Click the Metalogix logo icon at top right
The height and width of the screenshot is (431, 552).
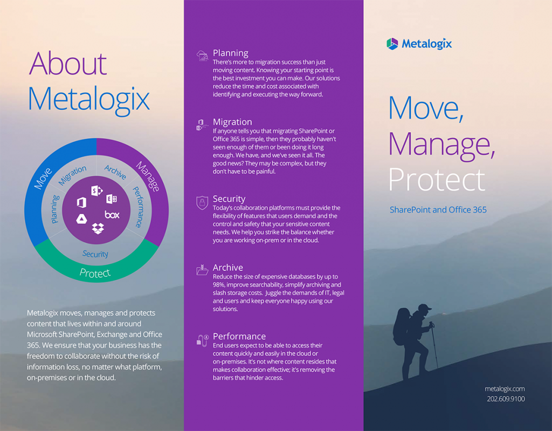(392, 44)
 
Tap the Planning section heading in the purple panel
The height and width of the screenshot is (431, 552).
(230, 53)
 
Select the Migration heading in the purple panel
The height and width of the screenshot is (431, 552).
(232, 122)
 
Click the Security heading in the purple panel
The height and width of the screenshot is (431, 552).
(229, 199)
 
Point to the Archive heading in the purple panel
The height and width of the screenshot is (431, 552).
(227, 268)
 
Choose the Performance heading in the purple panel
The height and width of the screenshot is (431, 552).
(239, 336)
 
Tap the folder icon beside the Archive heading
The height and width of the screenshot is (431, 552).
(202, 270)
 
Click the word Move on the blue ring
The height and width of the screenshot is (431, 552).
(43, 178)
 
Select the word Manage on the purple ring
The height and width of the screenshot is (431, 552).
(147, 176)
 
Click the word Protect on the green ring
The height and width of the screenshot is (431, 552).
(95, 272)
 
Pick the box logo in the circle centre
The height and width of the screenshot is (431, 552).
(112, 215)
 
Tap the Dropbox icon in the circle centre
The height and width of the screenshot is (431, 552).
(98, 229)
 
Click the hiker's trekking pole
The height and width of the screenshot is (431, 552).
(434, 345)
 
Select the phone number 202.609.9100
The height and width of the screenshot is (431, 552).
(505, 399)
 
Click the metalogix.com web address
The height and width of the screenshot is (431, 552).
(505, 388)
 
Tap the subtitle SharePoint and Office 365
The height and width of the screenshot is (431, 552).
(438, 209)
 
